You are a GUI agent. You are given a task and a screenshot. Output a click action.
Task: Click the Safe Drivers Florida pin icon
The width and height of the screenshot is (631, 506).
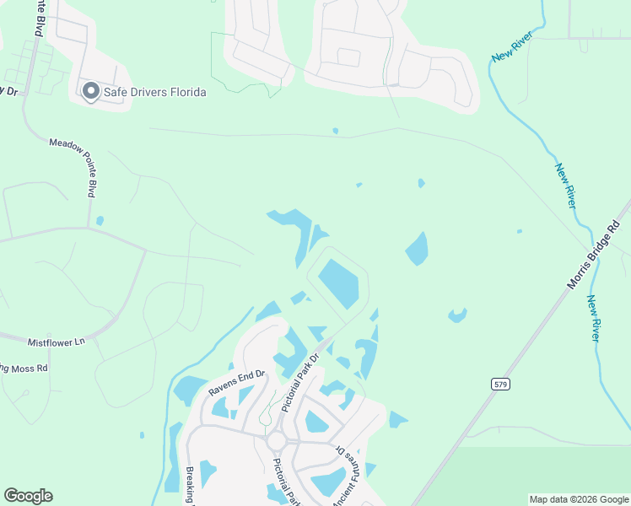point(90,91)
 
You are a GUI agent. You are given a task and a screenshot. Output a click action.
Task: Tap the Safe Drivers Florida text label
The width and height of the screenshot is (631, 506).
point(154,92)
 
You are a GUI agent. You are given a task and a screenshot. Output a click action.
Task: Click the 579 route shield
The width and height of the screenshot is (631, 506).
point(501,384)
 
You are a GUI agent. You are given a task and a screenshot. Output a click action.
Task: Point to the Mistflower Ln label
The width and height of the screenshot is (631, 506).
point(57,342)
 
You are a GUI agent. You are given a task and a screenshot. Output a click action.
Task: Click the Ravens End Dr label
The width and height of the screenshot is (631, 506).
point(237,385)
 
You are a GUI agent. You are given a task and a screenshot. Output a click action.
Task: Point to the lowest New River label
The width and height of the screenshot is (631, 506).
point(594,318)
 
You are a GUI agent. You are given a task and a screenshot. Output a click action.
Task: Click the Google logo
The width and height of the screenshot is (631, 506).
point(28,496)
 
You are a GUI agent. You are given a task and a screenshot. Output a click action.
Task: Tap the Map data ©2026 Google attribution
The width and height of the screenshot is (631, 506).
point(579,499)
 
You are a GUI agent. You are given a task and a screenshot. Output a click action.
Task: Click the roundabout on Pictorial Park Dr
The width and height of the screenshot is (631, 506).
point(277,441)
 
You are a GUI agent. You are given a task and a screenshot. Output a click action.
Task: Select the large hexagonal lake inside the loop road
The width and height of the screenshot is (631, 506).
point(339,283)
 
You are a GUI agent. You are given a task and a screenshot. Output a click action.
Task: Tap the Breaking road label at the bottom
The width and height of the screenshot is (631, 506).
point(190,486)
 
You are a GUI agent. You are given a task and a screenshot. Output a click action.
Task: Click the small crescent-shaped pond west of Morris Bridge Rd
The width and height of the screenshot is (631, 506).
point(457,316)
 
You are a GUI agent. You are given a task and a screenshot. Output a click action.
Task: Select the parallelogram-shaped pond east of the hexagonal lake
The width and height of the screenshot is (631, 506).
point(417,250)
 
